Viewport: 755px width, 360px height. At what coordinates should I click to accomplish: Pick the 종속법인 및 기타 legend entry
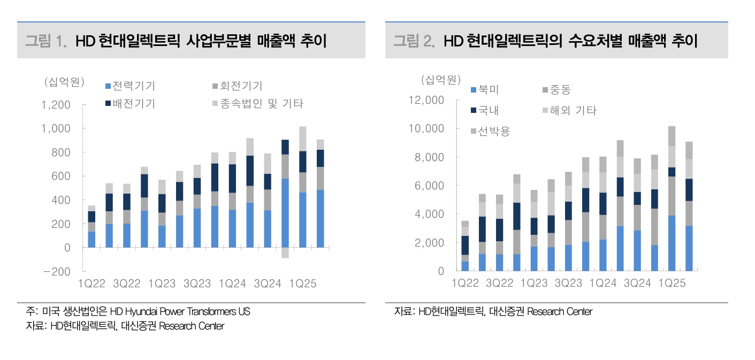pos(257,103)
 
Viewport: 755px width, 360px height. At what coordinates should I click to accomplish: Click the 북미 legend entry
pos(484,90)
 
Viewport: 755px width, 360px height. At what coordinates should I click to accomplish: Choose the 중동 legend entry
pos(556,90)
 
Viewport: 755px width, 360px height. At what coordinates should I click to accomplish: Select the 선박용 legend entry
pos(490,131)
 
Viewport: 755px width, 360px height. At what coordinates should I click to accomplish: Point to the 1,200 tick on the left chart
pos(56,105)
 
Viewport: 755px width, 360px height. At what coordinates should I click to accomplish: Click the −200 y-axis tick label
pos(56,272)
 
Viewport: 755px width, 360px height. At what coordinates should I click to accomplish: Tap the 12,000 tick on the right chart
pos(426,100)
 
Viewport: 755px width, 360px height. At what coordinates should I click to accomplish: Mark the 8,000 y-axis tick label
pos(429,157)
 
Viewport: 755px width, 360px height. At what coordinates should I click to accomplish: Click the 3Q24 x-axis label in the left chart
pos(267,284)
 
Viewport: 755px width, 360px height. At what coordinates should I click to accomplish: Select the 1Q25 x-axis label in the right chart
pos(672,284)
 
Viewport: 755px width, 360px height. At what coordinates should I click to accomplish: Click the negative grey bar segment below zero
pos(285,253)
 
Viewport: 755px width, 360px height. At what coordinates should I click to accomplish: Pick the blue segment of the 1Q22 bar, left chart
pos(91,240)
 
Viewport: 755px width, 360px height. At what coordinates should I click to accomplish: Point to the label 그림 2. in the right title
pos(414,41)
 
